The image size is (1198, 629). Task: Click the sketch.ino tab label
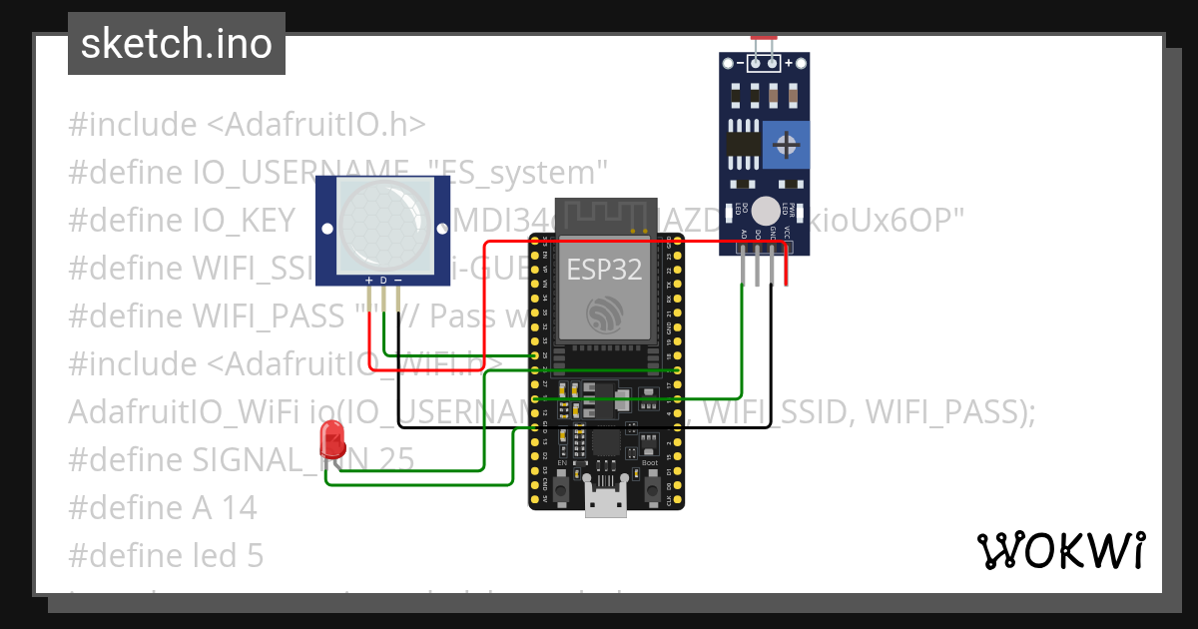tap(176, 44)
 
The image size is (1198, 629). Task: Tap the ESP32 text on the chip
tap(605, 269)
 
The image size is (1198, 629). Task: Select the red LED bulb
tap(331, 438)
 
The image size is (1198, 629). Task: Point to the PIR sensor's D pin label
tap(383, 281)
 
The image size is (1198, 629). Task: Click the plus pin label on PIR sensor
tap(369, 281)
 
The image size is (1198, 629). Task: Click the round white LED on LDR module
tap(765, 210)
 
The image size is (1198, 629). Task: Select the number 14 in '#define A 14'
tap(239, 507)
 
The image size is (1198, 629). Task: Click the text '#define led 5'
tap(166, 555)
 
